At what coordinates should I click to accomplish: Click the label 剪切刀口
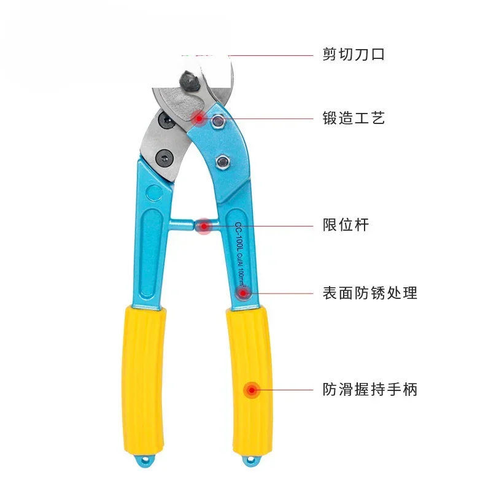click(354, 55)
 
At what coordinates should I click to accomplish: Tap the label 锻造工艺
click(354, 118)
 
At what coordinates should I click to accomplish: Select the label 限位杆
click(346, 225)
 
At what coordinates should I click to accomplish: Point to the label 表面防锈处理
click(369, 293)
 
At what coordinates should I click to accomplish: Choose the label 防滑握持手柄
click(369, 389)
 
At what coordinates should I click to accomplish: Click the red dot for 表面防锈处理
click(244, 293)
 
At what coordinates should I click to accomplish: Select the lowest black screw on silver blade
click(165, 158)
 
